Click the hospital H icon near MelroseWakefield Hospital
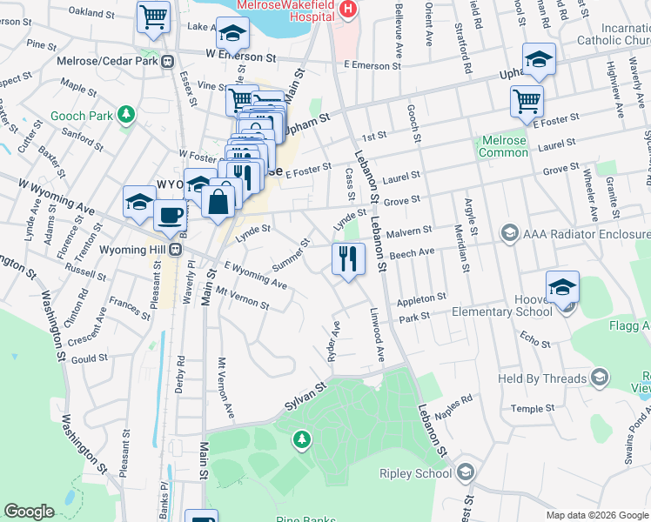coord(348,9)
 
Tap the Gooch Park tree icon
coord(126,114)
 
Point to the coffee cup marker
coord(169,216)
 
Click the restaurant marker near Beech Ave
coord(346,258)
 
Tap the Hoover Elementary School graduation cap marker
coord(562,288)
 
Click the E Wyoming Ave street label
coord(255,276)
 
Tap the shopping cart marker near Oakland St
coord(154,16)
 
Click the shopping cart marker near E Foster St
coord(527,101)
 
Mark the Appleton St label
coord(421,299)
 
